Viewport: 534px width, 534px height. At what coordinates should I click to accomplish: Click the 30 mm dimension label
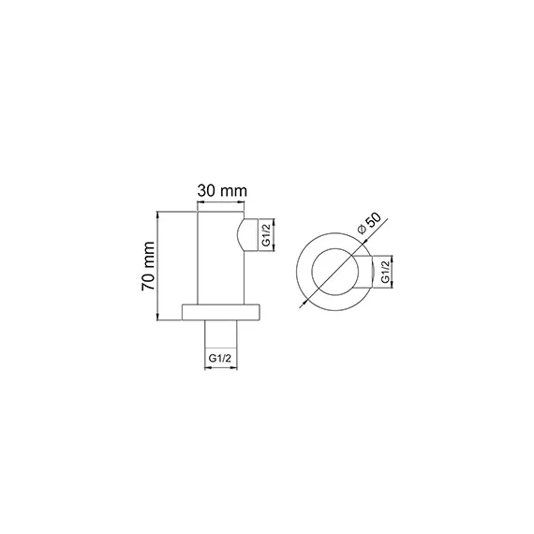pyautogui.click(x=222, y=190)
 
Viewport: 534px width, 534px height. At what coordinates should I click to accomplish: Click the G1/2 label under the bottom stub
pyautogui.click(x=221, y=357)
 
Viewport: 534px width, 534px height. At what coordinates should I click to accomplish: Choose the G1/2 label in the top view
pyautogui.click(x=384, y=274)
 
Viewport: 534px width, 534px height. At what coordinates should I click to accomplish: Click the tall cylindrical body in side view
pyautogui.click(x=222, y=258)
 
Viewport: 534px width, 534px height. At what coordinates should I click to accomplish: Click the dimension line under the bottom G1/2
pyautogui.click(x=222, y=369)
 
